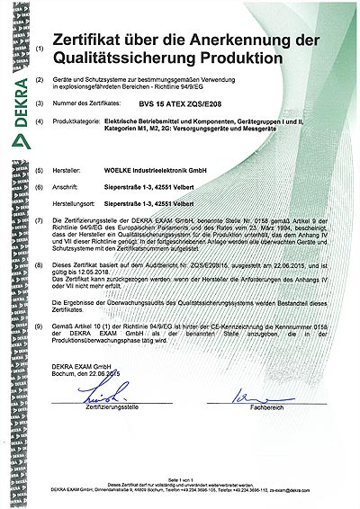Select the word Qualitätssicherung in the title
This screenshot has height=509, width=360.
(133, 58)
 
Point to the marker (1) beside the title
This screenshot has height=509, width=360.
(38, 45)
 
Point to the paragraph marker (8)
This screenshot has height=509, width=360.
(38, 266)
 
